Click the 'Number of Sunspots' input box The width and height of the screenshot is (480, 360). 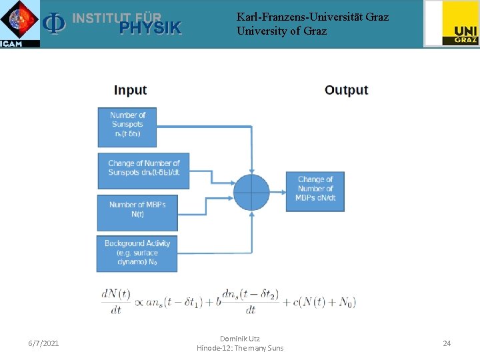[127, 127]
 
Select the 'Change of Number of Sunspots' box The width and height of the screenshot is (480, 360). [143, 170]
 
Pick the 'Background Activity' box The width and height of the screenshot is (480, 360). [137, 253]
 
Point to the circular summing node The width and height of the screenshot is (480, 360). [251, 192]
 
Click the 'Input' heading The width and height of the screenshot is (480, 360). [130, 90]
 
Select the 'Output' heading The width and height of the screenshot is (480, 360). [346, 90]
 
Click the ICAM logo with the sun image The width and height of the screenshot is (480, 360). [20, 23]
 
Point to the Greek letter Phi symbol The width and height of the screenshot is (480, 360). [53, 24]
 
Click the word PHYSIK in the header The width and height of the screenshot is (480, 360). [150, 28]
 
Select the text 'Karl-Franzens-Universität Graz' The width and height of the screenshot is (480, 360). [312, 17]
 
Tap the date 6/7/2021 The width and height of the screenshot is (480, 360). [43, 343]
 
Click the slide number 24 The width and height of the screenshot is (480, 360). [447, 343]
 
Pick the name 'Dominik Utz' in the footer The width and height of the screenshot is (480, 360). [239, 339]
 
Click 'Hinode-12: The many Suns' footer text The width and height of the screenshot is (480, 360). [239, 348]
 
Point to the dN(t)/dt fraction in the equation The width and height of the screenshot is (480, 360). [116, 301]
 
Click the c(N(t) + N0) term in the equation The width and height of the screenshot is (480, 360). [324, 302]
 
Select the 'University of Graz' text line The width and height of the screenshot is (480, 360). [281, 31]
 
